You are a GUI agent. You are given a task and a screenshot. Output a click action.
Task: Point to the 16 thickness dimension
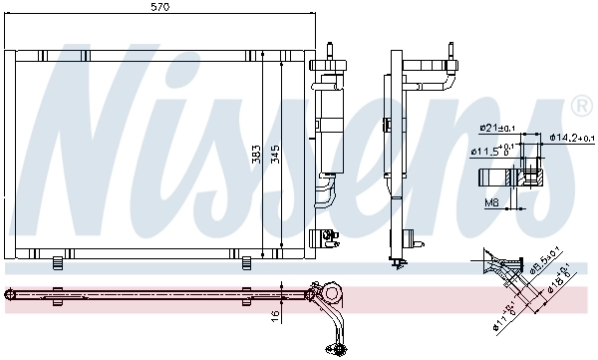point(276,316)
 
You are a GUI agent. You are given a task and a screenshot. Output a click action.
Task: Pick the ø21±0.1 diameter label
point(495,128)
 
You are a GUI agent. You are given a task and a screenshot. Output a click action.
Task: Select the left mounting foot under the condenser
point(58,262)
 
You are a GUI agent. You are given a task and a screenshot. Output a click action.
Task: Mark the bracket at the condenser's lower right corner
point(321,237)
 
